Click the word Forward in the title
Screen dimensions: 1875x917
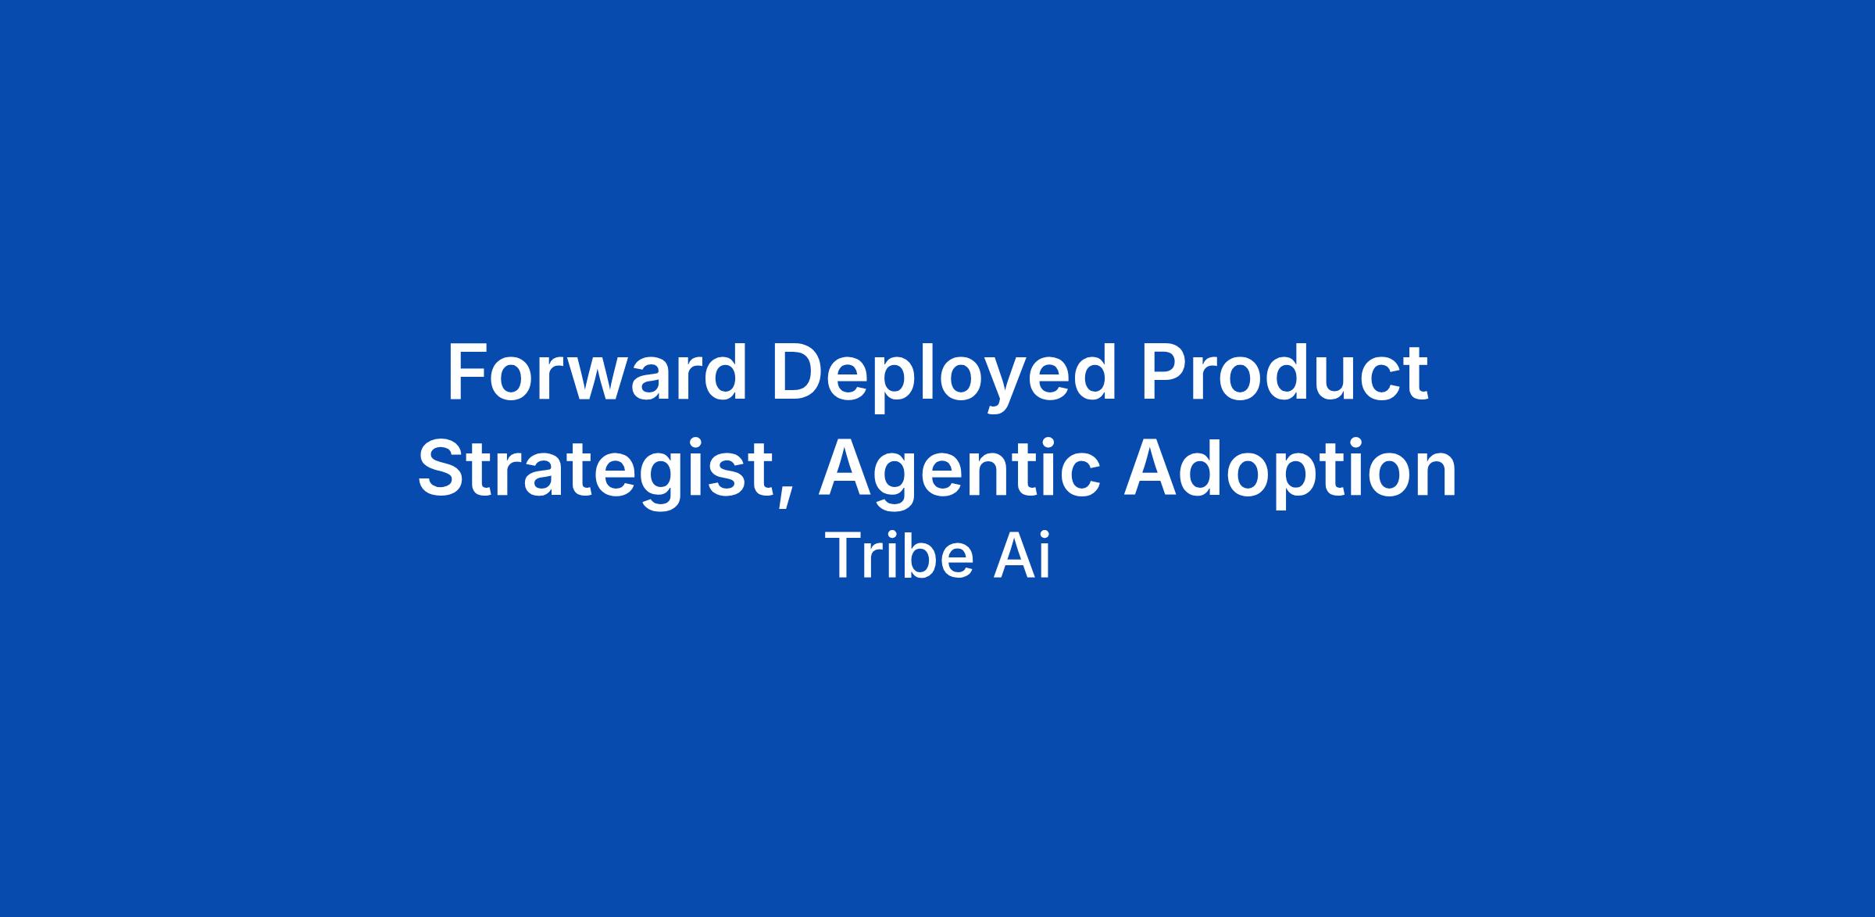click(597, 373)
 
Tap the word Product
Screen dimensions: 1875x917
click(1284, 373)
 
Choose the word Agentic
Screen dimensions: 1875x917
click(960, 473)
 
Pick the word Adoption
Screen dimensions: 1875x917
click(1291, 473)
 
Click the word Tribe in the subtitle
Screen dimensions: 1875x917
click(899, 556)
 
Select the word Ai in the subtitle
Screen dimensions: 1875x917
click(1022, 556)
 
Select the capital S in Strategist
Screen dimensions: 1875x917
click(443, 470)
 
